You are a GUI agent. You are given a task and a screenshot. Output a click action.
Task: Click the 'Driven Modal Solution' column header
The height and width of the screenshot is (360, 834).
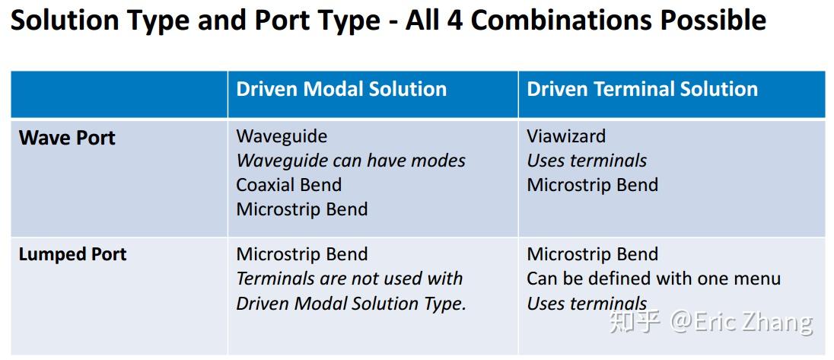tap(341, 89)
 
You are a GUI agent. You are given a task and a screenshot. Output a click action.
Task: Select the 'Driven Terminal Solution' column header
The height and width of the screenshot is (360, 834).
tap(642, 89)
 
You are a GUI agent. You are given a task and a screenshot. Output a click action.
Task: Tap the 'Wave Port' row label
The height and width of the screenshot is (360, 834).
tap(67, 138)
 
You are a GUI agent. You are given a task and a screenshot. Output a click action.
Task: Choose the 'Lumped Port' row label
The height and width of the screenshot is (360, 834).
tap(72, 254)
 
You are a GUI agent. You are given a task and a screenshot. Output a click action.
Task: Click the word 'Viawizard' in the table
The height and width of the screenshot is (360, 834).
tap(566, 136)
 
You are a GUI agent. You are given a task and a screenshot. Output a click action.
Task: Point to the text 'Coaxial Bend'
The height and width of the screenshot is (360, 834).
tap(288, 185)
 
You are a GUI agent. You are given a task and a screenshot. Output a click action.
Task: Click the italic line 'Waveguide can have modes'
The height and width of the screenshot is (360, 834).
tap(351, 161)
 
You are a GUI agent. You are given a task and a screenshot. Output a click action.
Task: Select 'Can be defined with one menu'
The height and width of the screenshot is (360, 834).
tap(654, 279)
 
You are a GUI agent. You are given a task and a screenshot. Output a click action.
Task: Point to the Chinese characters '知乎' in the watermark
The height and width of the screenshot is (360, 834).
tap(635, 322)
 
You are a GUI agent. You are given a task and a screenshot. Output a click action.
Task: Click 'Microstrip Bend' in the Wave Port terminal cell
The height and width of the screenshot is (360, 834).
tap(592, 185)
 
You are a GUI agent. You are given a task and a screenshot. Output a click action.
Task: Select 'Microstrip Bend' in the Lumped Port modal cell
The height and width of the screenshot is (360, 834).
tap(302, 254)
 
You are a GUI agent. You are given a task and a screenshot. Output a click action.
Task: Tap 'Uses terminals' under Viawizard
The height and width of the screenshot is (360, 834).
tap(587, 161)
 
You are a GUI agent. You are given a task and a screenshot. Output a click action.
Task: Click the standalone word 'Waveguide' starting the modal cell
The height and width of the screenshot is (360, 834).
tap(282, 136)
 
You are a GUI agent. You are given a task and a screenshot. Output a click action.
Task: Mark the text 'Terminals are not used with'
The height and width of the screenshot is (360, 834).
tap(349, 279)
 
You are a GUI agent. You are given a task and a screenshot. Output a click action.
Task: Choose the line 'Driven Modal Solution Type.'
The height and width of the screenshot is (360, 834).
tap(351, 303)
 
